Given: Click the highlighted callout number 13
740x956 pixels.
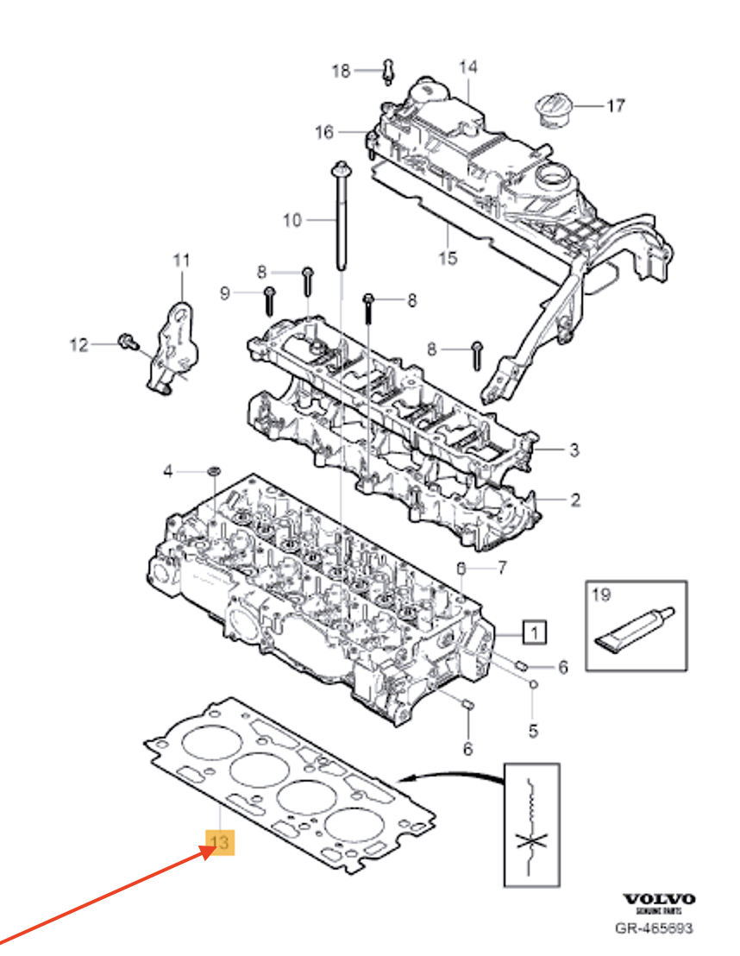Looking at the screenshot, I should (219, 842).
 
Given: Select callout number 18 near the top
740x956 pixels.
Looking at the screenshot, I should (342, 71).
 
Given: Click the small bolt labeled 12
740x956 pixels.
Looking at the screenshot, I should (126, 343).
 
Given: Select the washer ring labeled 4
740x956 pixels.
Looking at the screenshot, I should (213, 471).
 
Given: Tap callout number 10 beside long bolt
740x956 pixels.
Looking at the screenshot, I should (292, 221).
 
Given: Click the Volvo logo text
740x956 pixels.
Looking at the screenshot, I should (659, 900).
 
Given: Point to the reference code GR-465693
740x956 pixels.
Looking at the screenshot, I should (653, 929).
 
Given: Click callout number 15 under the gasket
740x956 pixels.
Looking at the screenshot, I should (448, 258).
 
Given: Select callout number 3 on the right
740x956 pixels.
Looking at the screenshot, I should (574, 450).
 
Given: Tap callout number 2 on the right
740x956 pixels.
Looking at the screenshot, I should (574, 499).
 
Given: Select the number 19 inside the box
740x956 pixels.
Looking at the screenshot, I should (600, 594).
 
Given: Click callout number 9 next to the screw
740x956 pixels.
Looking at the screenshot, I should (224, 293).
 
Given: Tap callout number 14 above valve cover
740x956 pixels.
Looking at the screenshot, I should (467, 66).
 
